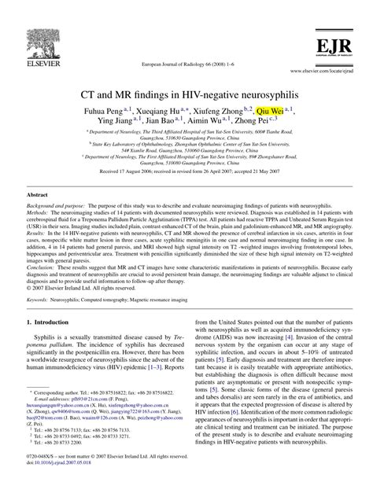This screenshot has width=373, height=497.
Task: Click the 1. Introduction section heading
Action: click(54, 344)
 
